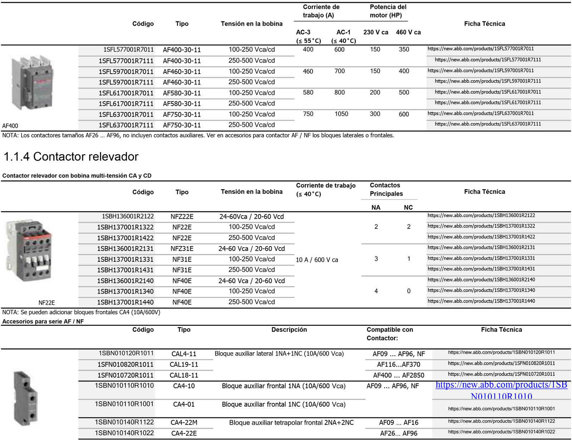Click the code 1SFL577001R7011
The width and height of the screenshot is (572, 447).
pyautogui.click(x=128, y=50)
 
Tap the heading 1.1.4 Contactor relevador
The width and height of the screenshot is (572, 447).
pyautogui.click(x=71, y=157)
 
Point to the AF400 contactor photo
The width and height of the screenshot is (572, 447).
pyautogui.click(x=33, y=83)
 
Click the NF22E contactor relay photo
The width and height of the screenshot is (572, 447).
pyautogui.click(x=29, y=250)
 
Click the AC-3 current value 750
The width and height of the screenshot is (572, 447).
pyautogui.click(x=308, y=114)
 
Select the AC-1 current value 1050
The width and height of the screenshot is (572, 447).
pyautogui.click(x=341, y=114)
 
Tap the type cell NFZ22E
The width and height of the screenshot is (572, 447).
pyautogui.click(x=182, y=217)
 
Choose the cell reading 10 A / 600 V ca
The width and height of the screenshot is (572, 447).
pyautogui.click(x=317, y=260)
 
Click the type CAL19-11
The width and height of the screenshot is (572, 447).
pyautogui.click(x=184, y=365)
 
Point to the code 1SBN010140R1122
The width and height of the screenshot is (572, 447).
pyautogui.click(x=124, y=422)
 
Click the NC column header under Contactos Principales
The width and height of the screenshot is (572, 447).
pyautogui.click(x=408, y=208)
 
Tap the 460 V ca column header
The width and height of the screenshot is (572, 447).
pyautogui.click(x=408, y=33)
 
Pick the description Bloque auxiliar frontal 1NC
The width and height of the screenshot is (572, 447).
pyautogui.click(x=283, y=404)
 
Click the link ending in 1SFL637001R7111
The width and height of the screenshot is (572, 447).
pyautogui.click(x=488, y=124)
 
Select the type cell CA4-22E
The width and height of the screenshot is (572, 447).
pyautogui.click(x=184, y=433)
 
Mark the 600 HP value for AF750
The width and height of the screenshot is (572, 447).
pyautogui.click(x=404, y=114)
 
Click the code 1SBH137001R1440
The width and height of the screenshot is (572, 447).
pyautogui.click(x=125, y=303)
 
